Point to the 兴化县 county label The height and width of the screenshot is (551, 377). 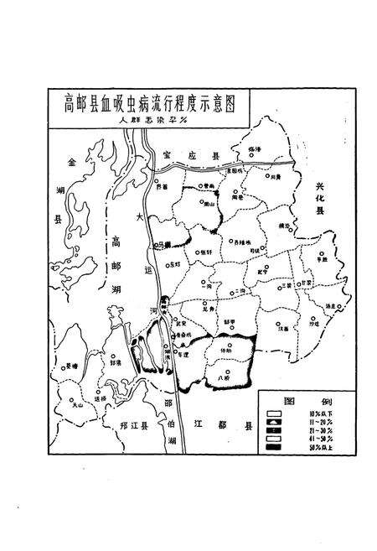[x=319, y=198]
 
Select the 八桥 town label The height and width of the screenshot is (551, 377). [x=222, y=378]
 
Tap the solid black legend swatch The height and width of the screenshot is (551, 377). [x=274, y=446]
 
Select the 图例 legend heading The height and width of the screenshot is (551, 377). [x=297, y=399]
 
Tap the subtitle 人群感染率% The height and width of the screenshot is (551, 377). [x=150, y=119]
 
